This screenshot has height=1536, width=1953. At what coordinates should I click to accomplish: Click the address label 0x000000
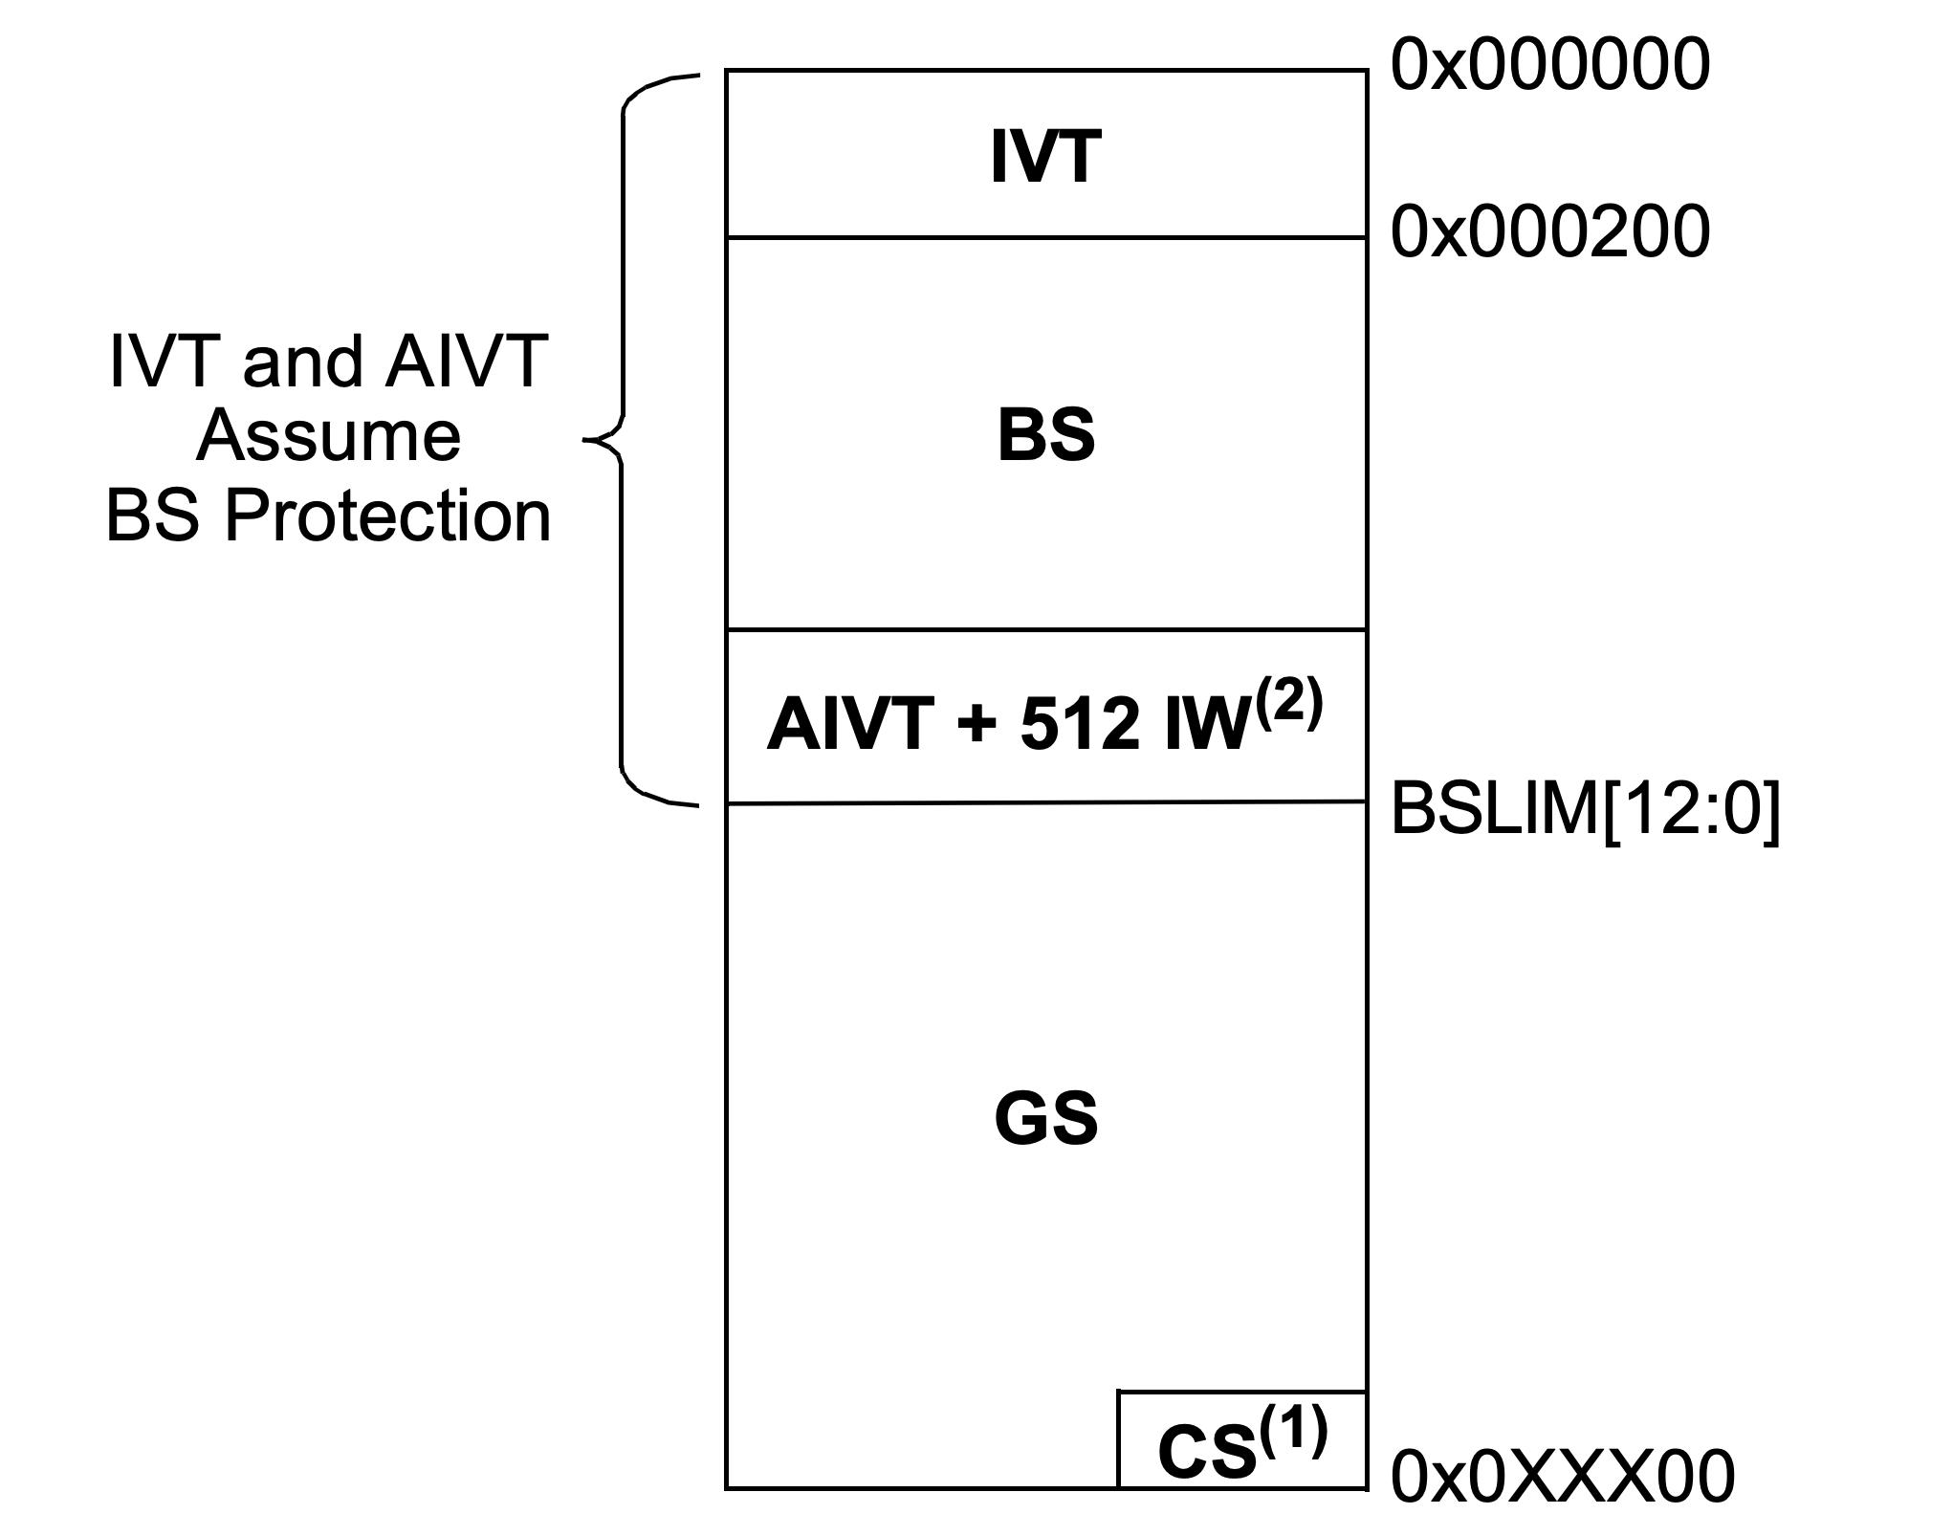[x=1549, y=67]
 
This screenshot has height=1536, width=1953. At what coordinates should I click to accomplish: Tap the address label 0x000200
[x=1549, y=232]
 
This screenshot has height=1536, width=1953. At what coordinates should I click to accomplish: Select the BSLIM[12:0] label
[x=1585, y=809]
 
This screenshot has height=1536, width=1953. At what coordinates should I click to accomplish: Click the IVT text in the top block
[x=1045, y=158]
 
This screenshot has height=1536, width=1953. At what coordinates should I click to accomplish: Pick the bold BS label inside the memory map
[x=1045, y=436]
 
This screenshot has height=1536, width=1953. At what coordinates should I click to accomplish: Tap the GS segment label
[x=1045, y=1119]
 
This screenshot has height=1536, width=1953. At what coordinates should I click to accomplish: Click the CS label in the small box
[x=1206, y=1453]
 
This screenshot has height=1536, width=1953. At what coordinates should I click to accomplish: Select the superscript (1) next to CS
[x=1293, y=1433]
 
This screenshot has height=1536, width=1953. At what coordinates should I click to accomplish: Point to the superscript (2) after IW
[x=1289, y=707]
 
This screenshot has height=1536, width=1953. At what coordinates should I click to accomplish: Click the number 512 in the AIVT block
[x=1080, y=724]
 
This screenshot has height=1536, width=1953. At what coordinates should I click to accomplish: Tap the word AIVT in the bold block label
[x=849, y=724]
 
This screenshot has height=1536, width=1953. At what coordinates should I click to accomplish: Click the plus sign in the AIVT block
[x=975, y=724]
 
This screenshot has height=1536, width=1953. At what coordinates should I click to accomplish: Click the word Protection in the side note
[x=387, y=516]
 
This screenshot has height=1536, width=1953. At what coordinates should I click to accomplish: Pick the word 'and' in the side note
[x=303, y=362]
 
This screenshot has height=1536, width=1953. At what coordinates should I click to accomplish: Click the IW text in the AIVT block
[x=1208, y=724]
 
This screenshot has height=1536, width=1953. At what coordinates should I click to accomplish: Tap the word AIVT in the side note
[x=466, y=362]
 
